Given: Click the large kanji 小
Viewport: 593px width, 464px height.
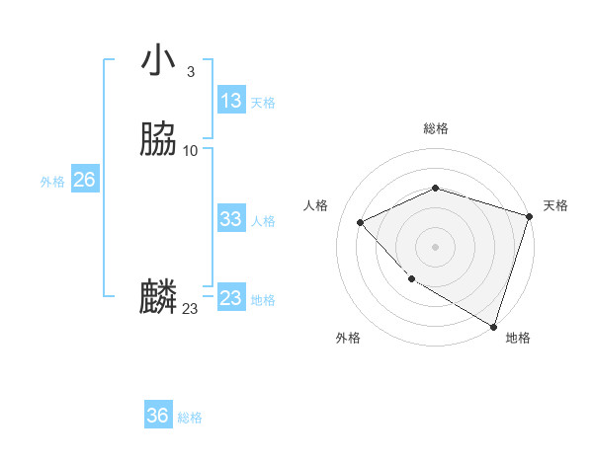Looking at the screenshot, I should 158,60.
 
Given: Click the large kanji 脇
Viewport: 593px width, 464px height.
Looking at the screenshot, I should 158,139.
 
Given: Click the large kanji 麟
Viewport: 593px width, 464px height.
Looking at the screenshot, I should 158,297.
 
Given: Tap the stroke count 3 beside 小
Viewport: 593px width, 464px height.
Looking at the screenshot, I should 190,72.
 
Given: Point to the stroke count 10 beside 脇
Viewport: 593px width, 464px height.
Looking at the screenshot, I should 191,151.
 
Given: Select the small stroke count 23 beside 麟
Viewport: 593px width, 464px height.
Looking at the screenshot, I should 190,309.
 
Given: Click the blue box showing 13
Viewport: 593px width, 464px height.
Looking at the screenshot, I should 230,101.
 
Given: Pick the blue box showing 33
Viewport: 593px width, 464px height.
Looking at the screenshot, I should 230,219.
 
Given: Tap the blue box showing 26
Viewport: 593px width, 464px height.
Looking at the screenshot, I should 84,180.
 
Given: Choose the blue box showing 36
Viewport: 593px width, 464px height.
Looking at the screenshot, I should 158,416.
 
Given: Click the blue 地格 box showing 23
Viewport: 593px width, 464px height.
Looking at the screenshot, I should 230,298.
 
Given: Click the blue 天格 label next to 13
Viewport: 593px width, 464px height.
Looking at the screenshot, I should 263,103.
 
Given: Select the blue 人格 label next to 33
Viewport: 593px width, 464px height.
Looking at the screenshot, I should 263,221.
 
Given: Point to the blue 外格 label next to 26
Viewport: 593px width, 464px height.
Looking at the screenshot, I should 52,182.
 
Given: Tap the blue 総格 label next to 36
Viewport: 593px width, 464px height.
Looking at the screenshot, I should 191,418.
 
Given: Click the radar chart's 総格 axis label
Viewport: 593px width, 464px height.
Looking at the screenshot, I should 436,128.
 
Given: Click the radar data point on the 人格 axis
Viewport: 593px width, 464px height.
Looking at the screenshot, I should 361,222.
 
